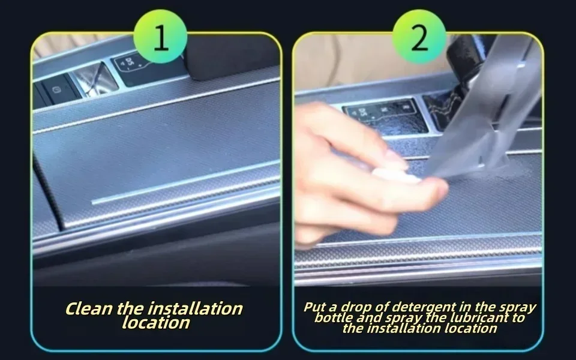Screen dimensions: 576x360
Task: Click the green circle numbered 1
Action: (x=161, y=37)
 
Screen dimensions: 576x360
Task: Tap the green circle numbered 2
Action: (x=419, y=37)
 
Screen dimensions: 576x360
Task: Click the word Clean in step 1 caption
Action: (x=89, y=308)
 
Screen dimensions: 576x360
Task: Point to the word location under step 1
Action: (x=156, y=323)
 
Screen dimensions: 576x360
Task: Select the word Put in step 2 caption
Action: (x=316, y=307)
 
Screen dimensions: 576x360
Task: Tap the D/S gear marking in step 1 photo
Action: (x=130, y=62)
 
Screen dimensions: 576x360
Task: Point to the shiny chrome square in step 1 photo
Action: (x=97, y=80)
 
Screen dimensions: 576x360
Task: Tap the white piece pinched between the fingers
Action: (x=395, y=175)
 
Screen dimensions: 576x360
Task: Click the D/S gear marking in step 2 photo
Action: (x=362, y=112)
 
